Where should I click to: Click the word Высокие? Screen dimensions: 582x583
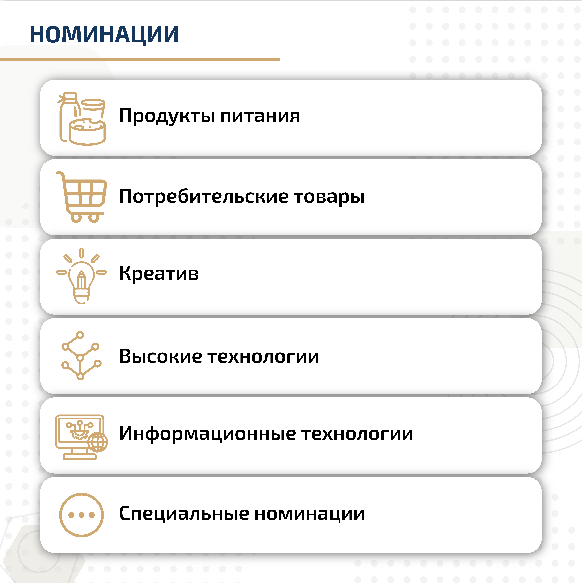[x=160, y=356]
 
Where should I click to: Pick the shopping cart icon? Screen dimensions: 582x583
[x=81, y=197]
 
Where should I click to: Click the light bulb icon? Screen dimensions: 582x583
[x=81, y=276]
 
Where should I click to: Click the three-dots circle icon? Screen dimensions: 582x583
[x=81, y=515]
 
